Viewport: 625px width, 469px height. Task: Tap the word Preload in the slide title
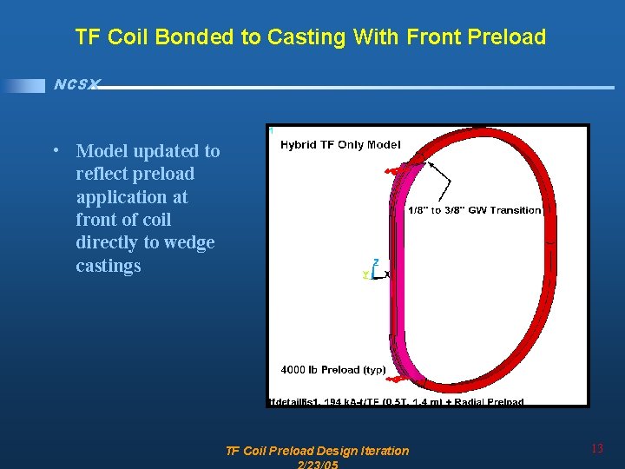[511, 37]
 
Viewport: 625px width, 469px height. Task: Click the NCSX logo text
[76, 84]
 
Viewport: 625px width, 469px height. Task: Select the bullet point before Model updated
[56, 149]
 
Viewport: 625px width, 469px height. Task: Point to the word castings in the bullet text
[108, 266]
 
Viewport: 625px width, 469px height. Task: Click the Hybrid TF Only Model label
[340, 145]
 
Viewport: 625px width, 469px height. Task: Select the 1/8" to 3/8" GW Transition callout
[474, 210]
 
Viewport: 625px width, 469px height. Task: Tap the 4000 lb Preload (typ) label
[332, 370]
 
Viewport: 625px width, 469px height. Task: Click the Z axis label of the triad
[375, 261]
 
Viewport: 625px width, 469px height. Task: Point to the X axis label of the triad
[386, 274]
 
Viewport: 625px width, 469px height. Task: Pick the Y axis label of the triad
[365, 274]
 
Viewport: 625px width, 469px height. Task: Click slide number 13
[596, 449]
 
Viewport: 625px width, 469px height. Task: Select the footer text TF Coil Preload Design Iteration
[317, 450]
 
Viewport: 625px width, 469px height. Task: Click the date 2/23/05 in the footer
[317, 465]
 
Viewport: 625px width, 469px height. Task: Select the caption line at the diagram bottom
[397, 402]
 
